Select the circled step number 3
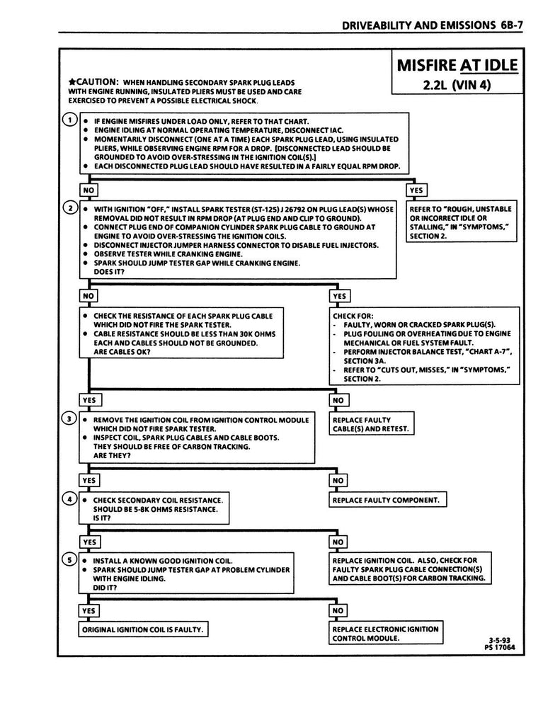point(69,418)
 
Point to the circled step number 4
point(69,498)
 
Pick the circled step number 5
point(69,559)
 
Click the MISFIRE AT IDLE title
point(457,67)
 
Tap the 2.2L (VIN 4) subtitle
point(457,87)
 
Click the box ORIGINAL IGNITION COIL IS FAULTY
point(145,629)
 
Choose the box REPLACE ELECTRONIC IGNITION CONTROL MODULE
point(384,633)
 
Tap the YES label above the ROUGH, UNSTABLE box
point(416,190)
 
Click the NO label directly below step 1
point(88,190)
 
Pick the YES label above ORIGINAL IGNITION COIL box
point(88,610)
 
